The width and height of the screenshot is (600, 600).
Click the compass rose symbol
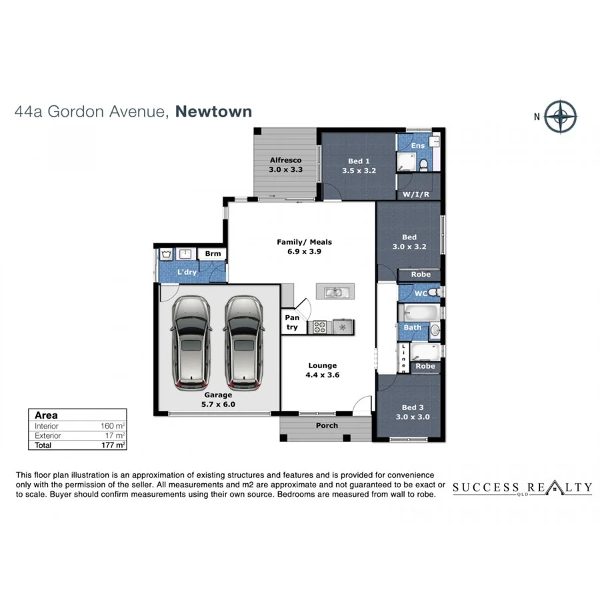click(x=560, y=116)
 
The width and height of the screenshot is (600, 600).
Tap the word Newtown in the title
click(x=213, y=111)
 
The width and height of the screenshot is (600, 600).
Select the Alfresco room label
click(x=285, y=161)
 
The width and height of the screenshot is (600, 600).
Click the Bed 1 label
click(x=359, y=161)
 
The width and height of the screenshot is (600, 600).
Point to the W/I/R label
click(x=415, y=195)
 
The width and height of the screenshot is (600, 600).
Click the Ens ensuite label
click(x=417, y=145)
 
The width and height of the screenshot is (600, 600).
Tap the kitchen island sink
click(x=335, y=292)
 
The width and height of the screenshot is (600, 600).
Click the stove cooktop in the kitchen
click(x=319, y=327)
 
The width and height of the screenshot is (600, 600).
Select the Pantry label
click(x=292, y=323)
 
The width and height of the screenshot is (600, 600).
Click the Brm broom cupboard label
click(x=213, y=254)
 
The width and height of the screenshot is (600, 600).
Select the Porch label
click(x=327, y=425)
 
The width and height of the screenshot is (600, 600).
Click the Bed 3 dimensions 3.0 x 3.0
click(x=412, y=417)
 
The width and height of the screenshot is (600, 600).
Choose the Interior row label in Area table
click(x=47, y=426)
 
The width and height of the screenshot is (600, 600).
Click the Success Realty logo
click(x=522, y=489)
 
